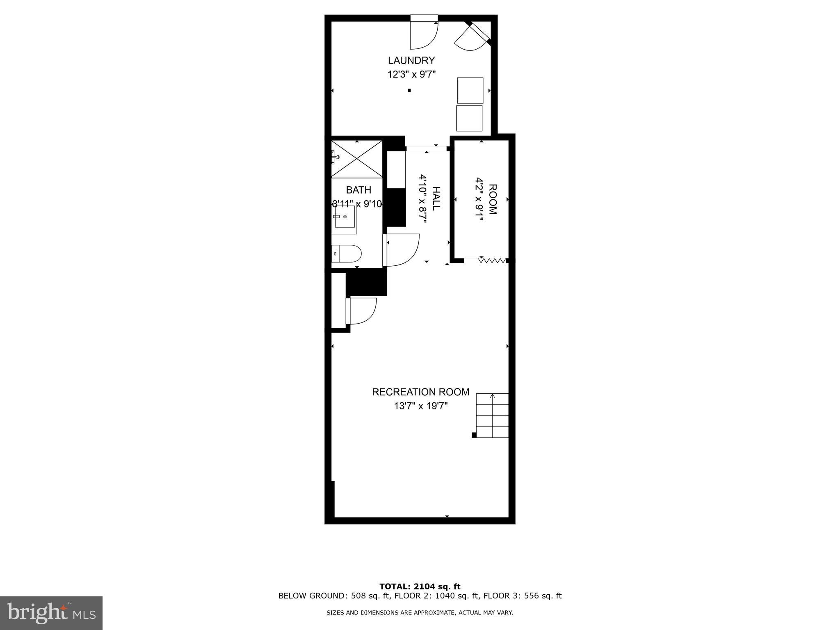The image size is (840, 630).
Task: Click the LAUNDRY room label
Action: click(411, 60)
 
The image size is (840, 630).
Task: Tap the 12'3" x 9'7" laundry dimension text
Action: click(411, 75)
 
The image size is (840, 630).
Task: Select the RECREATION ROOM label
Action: click(420, 392)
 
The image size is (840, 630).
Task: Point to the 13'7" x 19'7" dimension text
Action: click(420, 406)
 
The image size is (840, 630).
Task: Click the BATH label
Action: click(358, 190)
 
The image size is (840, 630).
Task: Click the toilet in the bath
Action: click(346, 253)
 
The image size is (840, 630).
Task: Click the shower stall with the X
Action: click(357, 159)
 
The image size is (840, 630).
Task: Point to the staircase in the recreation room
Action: click(492, 415)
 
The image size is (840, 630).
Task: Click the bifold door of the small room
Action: click(492, 260)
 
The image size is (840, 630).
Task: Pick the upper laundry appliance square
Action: click(470, 90)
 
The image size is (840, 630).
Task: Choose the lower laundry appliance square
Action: click(469, 118)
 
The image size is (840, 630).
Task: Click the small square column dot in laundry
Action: click(409, 90)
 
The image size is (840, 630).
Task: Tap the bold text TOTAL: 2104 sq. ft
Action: click(420, 587)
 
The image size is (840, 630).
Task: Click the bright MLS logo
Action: click(51, 613)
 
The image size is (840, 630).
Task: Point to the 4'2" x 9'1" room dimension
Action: click(479, 199)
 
